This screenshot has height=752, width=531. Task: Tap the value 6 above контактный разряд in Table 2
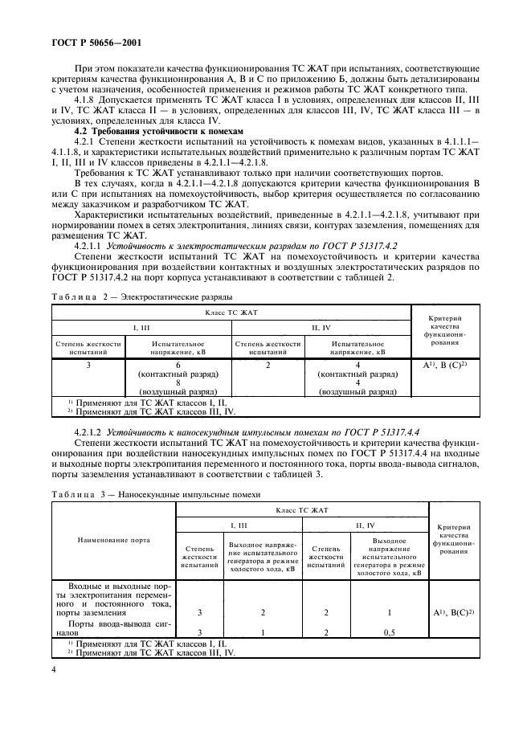point(178,365)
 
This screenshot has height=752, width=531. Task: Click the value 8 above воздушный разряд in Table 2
point(178,383)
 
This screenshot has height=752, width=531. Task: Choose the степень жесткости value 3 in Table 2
point(88,365)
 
